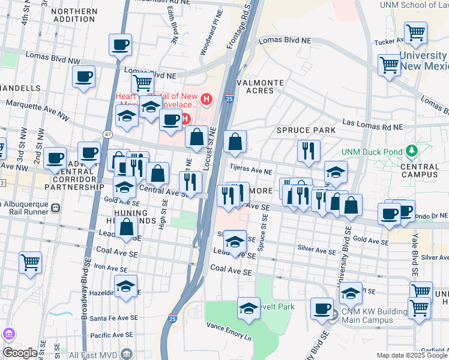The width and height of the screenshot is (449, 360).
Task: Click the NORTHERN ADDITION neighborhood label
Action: (x=75, y=15)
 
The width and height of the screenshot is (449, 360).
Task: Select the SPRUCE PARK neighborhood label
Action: (x=298, y=130)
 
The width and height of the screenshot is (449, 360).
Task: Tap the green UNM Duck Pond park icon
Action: (x=412, y=150)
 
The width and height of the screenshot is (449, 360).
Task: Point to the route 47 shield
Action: (x=107, y=134)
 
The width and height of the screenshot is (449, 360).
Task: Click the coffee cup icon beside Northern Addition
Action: (x=120, y=44)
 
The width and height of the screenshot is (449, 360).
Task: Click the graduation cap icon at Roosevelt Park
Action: (x=249, y=308)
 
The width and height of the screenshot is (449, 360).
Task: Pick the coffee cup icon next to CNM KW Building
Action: (x=322, y=308)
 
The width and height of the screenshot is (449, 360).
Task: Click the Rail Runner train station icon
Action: (x=55, y=208)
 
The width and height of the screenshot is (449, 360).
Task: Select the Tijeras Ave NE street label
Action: (x=250, y=170)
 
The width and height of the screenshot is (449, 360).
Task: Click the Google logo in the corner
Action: (x=20, y=353)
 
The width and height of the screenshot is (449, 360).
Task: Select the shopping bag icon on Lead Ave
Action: (x=127, y=228)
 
